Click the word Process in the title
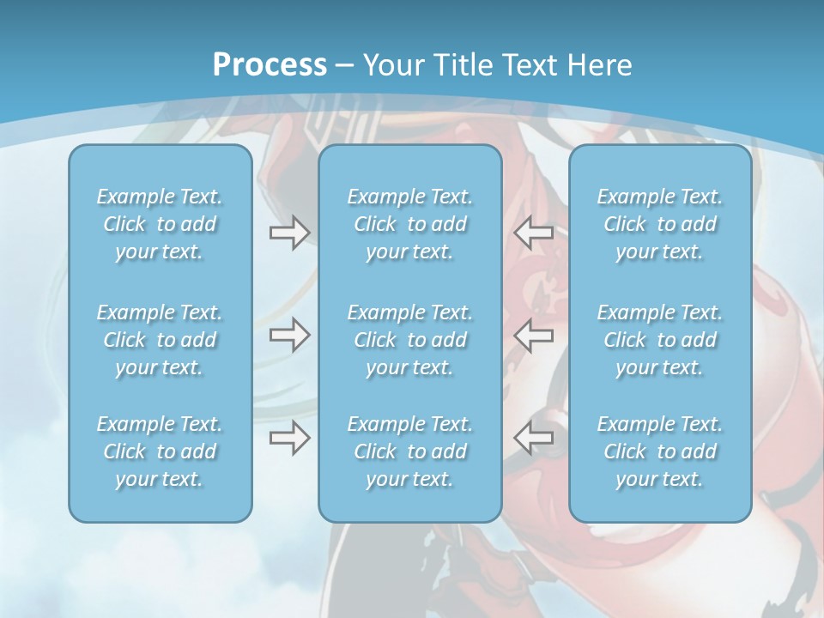pos(270,64)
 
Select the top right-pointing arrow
pos(289,232)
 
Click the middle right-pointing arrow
pos(289,335)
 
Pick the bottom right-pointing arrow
pos(289,438)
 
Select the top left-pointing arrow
pos(533,232)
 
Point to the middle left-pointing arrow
pos(533,335)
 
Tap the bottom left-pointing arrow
pos(533,438)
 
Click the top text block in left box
pos(160,224)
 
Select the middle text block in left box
pos(160,340)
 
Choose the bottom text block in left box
pos(160,451)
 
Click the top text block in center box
pos(410,224)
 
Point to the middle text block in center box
pos(410,340)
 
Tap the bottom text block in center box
pos(410,451)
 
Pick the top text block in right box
pos(660,224)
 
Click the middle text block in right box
pos(660,340)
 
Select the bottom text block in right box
pos(660,451)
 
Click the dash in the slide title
pos(345,65)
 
